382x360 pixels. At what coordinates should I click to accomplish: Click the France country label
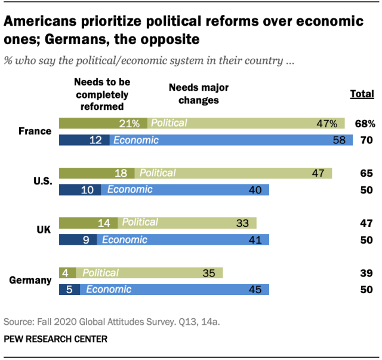tap(35, 131)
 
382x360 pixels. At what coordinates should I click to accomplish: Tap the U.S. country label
tap(43, 181)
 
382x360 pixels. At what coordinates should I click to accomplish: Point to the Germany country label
tap(30, 280)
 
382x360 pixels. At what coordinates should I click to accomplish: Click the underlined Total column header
tap(362, 94)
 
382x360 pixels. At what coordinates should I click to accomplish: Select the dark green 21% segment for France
tap(103, 124)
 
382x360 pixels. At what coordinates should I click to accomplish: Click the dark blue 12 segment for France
tap(84, 140)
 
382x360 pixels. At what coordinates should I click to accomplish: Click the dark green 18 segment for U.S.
tap(97, 173)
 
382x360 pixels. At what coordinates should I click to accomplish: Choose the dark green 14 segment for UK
tap(89, 223)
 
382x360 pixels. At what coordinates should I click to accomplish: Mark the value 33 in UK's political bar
tap(243, 223)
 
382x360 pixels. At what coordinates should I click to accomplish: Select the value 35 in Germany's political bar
tap(209, 273)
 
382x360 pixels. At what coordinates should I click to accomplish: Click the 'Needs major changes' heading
tap(199, 94)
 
